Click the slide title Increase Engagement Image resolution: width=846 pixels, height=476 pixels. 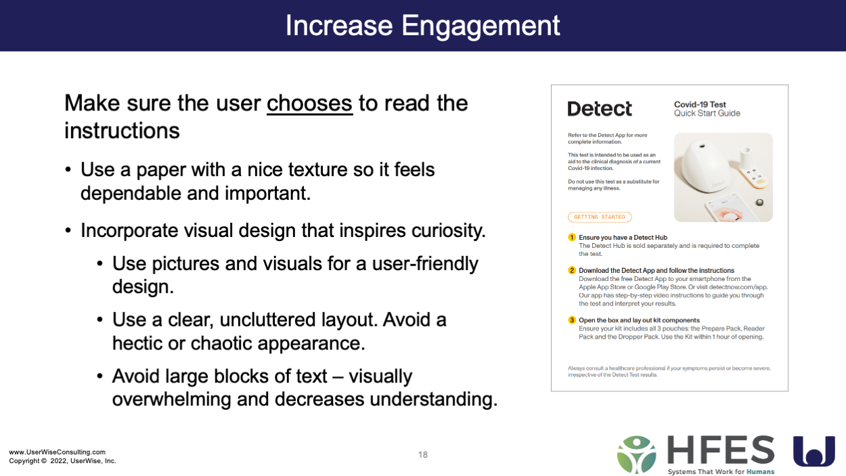tap(422, 26)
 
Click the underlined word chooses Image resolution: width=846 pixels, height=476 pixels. tap(310, 104)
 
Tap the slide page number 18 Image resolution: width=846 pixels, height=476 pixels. tap(422, 455)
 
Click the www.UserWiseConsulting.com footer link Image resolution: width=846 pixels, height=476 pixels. tap(58, 452)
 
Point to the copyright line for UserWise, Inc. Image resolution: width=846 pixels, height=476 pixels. tap(63, 461)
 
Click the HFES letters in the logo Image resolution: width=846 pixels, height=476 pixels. tap(721, 450)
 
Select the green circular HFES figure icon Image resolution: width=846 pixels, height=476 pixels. tap(637, 455)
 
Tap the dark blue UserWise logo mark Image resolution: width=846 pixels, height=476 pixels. tap(814, 451)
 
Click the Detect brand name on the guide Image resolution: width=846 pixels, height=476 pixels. tap(600, 109)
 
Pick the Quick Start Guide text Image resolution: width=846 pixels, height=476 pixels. tap(707, 113)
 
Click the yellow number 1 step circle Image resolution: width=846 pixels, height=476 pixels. tap(572, 237)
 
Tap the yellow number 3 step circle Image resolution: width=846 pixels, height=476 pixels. tap(572, 320)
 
